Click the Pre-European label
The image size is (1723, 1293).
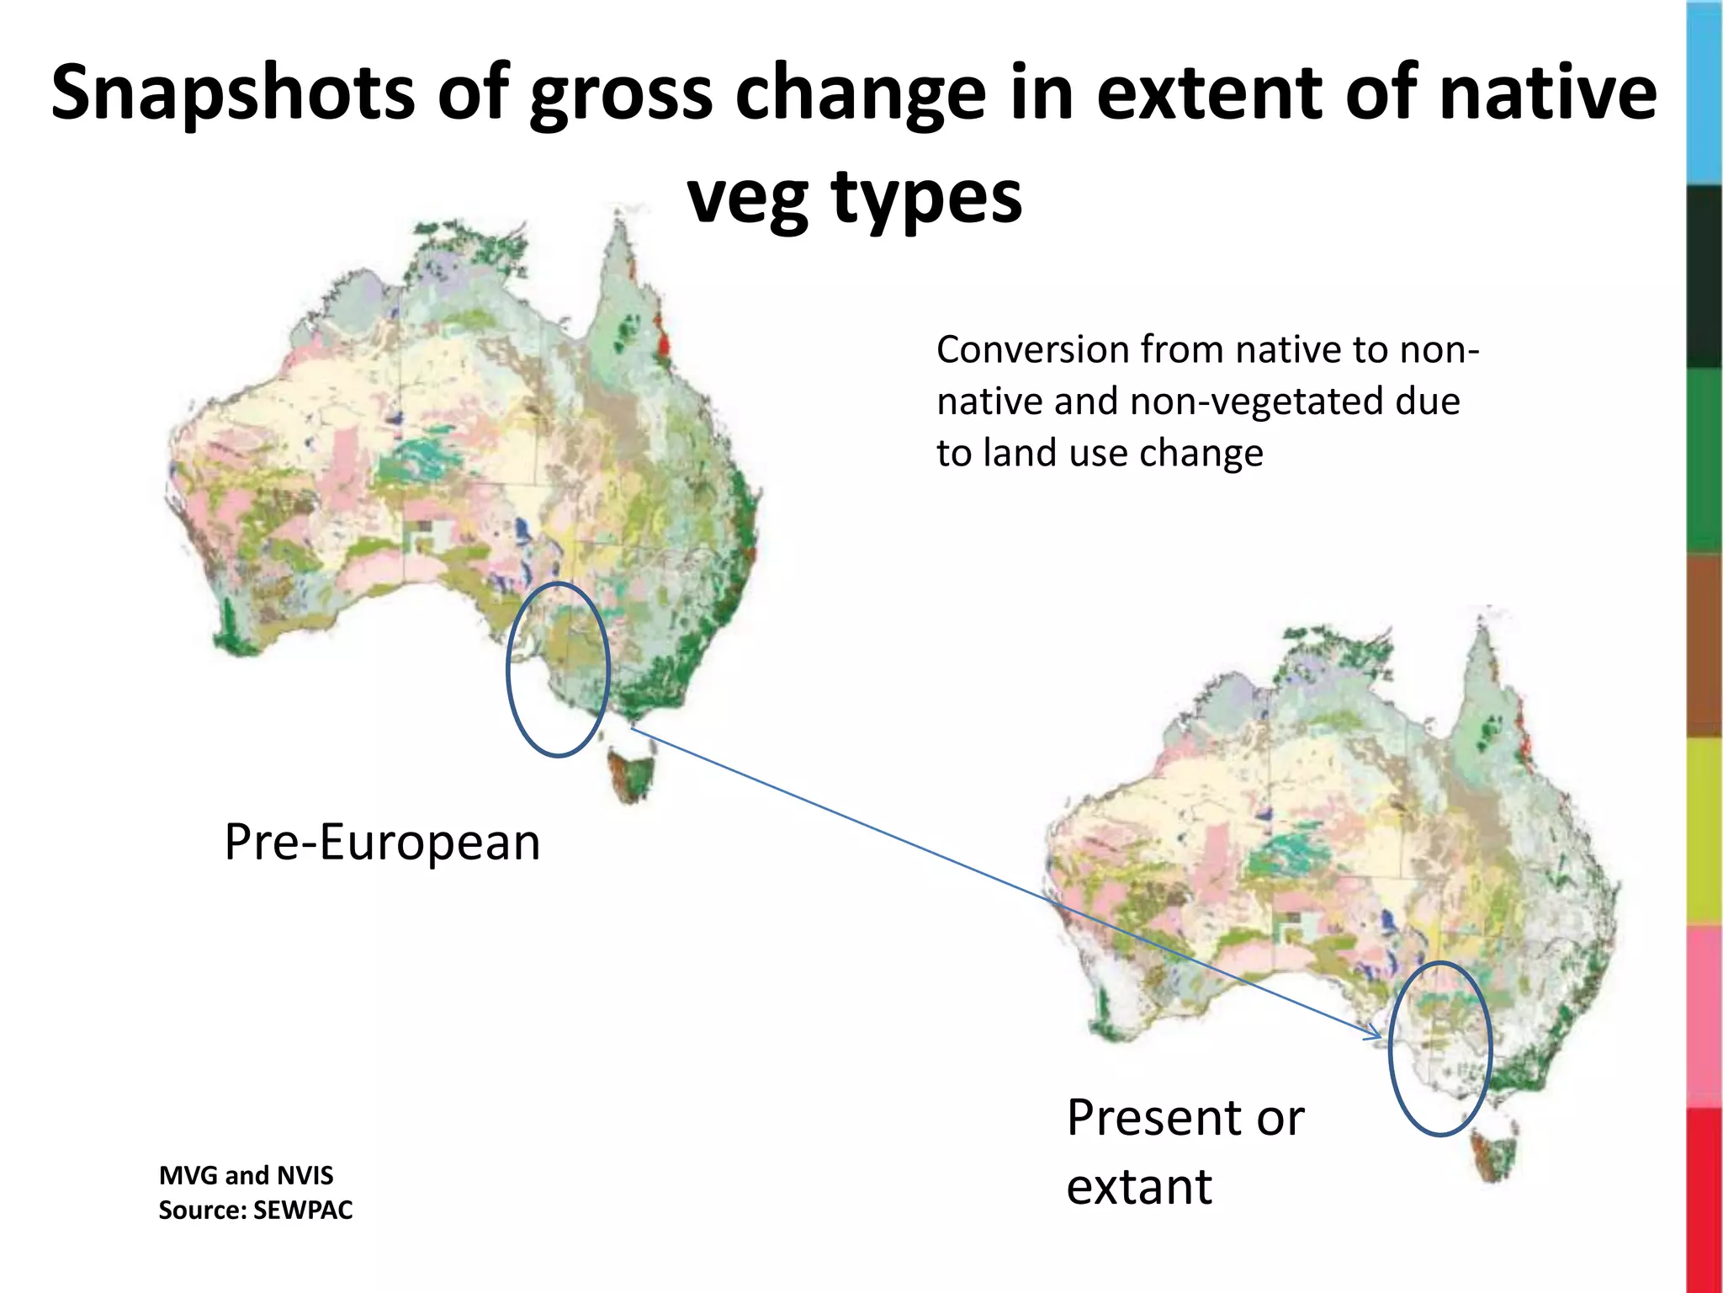382,842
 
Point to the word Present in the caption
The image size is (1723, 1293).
1153,1118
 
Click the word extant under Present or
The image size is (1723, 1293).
1139,1187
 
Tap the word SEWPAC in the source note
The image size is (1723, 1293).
303,1211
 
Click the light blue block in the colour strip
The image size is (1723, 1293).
1704,93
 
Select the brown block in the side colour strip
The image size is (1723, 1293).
1704,646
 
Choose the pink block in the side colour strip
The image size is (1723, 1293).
1704,1015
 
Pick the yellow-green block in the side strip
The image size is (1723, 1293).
1704,832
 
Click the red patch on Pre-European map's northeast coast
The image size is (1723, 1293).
664,343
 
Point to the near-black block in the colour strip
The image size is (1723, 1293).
1704,277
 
